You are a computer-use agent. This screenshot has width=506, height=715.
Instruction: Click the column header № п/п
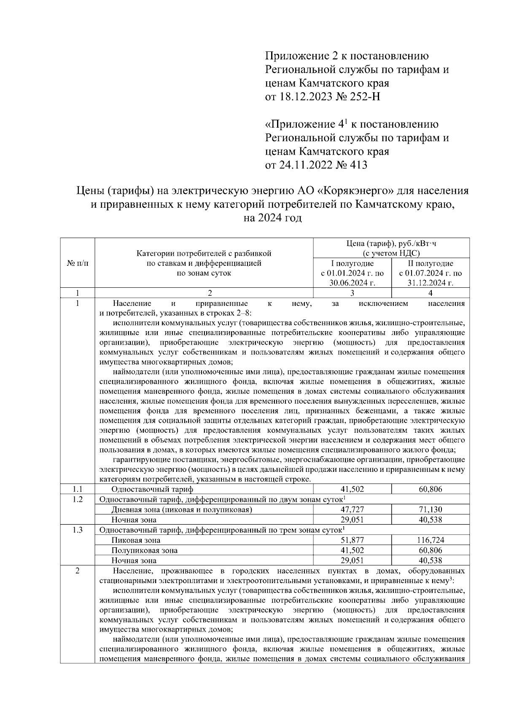(x=78, y=263)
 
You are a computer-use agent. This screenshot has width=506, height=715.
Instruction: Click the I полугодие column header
(x=352, y=263)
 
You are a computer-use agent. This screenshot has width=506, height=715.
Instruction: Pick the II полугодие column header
(x=430, y=263)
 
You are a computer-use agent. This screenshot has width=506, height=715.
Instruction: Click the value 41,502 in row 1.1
(x=352, y=489)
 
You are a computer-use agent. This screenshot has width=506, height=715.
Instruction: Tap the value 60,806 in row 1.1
(x=430, y=489)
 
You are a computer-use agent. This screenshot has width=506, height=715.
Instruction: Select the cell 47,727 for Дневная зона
(x=352, y=509)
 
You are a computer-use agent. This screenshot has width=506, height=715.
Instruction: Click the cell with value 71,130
(x=430, y=509)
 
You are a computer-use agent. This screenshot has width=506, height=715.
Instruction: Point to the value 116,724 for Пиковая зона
(x=430, y=540)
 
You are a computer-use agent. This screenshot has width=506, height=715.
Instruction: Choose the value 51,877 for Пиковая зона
(x=352, y=540)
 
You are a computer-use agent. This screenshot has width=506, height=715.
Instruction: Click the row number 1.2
(x=78, y=499)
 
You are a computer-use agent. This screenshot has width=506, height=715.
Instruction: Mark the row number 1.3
(x=78, y=530)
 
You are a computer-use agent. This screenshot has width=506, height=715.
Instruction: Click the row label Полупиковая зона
(x=144, y=550)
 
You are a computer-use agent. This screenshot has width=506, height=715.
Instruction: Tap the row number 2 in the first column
(x=78, y=571)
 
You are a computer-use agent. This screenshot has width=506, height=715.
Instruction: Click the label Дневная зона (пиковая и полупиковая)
(x=182, y=510)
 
